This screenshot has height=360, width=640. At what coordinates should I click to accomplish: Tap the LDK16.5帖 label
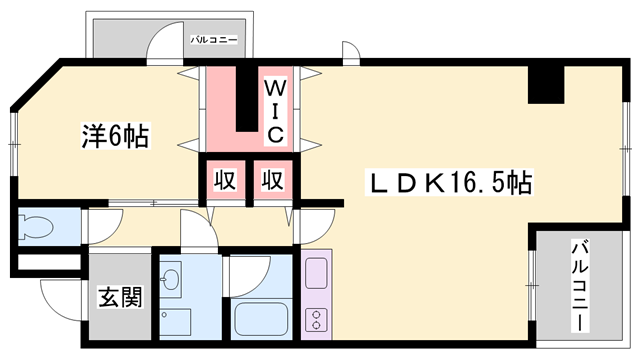click(x=451, y=182)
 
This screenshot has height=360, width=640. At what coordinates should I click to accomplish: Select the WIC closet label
click(x=276, y=109)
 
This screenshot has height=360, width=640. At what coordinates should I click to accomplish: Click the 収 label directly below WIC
click(x=272, y=181)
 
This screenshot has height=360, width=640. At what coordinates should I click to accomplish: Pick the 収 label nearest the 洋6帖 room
click(x=226, y=181)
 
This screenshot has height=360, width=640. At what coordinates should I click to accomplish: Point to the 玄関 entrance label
click(x=118, y=297)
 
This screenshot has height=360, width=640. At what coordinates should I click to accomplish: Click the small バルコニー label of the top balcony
click(x=213, y=40)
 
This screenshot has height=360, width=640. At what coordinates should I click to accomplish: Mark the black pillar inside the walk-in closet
click(x=245, y=100)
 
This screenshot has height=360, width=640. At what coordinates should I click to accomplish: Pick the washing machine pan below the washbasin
click(x=175, y=322)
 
